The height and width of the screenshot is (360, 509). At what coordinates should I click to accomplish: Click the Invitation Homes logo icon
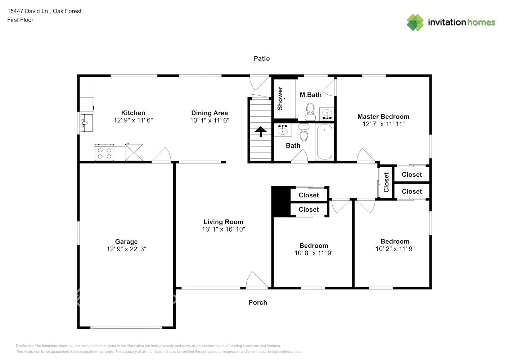(x=415, y=22)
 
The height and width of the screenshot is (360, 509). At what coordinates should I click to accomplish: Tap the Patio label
(x=262, y=58)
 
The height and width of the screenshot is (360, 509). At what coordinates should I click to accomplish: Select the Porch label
(x=258, y=302)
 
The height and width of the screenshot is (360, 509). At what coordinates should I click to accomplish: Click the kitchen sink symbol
(x=86, y=123)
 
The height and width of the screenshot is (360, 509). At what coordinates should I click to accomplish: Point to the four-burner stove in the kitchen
(x=104, y=153)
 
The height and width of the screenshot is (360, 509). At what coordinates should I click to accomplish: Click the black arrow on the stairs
(x=261, y=131)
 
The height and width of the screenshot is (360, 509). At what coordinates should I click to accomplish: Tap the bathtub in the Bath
(x=324, y=142)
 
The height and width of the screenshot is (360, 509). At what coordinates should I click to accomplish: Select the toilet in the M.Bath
(x=310, y=112)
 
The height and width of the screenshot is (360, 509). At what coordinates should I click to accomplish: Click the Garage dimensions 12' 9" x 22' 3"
(x=126, y=249)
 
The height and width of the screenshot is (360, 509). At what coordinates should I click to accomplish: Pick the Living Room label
(x=223, y=222)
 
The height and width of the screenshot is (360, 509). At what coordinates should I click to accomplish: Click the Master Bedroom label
(x=383, y=116)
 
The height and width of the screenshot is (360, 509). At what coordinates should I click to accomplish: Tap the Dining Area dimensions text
(x=210, y=121)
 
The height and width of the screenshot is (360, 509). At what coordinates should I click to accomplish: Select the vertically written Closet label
(x=386, y=182)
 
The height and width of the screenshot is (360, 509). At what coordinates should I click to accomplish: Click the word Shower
(x=280, y=98)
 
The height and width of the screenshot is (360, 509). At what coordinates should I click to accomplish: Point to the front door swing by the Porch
(x=256, y=280)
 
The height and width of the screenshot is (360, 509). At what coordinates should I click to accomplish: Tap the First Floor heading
(x=20, y=20)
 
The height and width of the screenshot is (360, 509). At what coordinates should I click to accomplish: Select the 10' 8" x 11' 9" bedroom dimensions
(x=314, y=253)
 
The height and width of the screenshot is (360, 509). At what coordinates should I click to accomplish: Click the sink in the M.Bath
(x=326, y=114)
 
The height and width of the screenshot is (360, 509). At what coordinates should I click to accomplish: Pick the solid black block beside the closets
(x=281, y=202)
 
